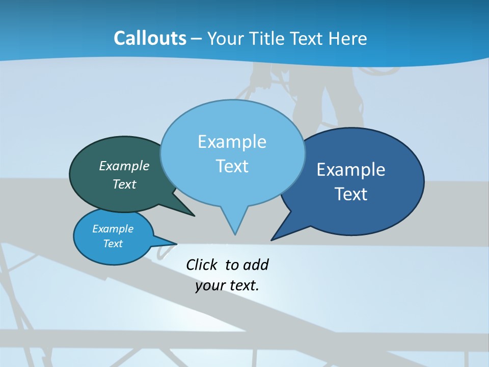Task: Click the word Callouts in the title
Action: click(150, 38)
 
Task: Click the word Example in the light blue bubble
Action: click(232, 142)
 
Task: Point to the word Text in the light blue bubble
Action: click(232, 166)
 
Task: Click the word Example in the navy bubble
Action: click(351, 170)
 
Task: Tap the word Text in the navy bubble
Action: click(351, 194)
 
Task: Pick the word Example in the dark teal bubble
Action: click(124, 166)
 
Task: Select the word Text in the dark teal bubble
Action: click(124, 185)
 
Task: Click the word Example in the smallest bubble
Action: click(113, 229)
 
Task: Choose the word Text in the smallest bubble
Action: click(113, 244)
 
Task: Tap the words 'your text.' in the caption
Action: click(227, 286)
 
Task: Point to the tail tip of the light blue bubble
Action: click(235, 234)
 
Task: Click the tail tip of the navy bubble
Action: click(271, 240)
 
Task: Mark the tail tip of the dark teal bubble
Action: click(194, 216)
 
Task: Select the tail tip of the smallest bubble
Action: click(176, 244)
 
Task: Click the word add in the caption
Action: click(255, 265)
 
